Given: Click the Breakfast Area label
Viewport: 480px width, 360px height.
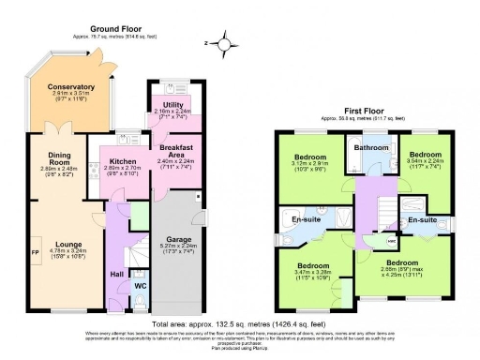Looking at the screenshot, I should click(x=175, y=150).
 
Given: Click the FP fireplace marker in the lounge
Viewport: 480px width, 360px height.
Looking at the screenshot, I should click(x=34, y=253).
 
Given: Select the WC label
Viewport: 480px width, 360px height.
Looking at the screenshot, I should click(x=140, y=286).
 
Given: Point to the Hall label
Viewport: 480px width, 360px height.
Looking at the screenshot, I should click(x=116, y=274).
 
